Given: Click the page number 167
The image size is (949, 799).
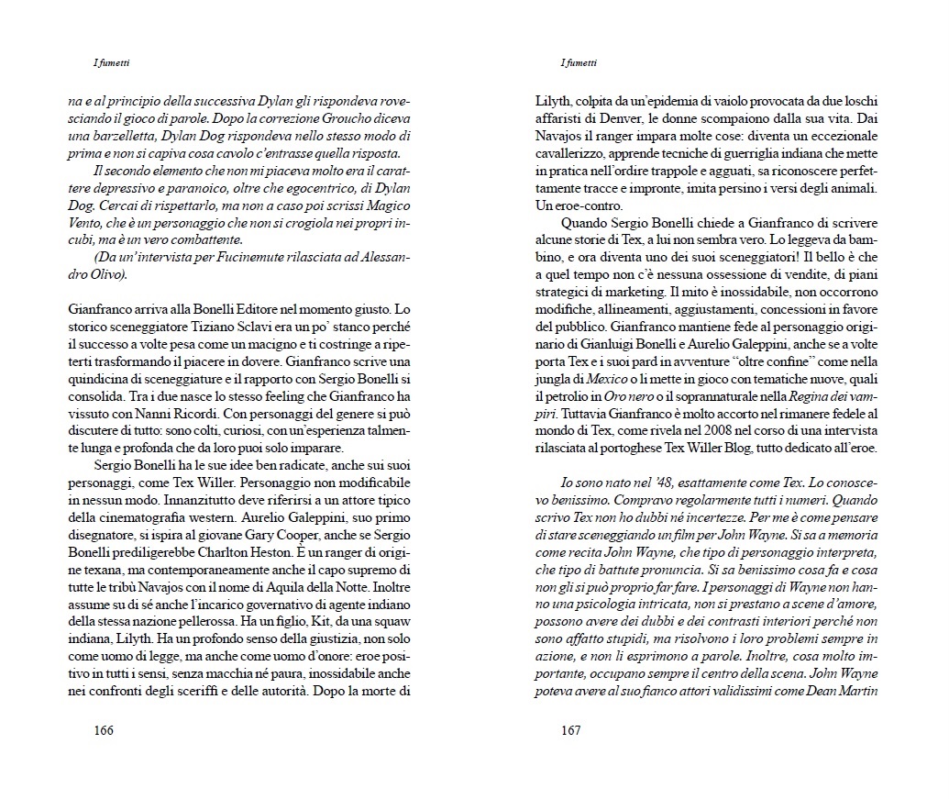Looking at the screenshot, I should pos(572,730).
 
